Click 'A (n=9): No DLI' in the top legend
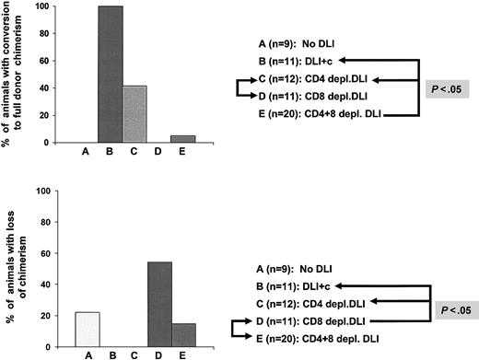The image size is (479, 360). [x=307, y=42]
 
